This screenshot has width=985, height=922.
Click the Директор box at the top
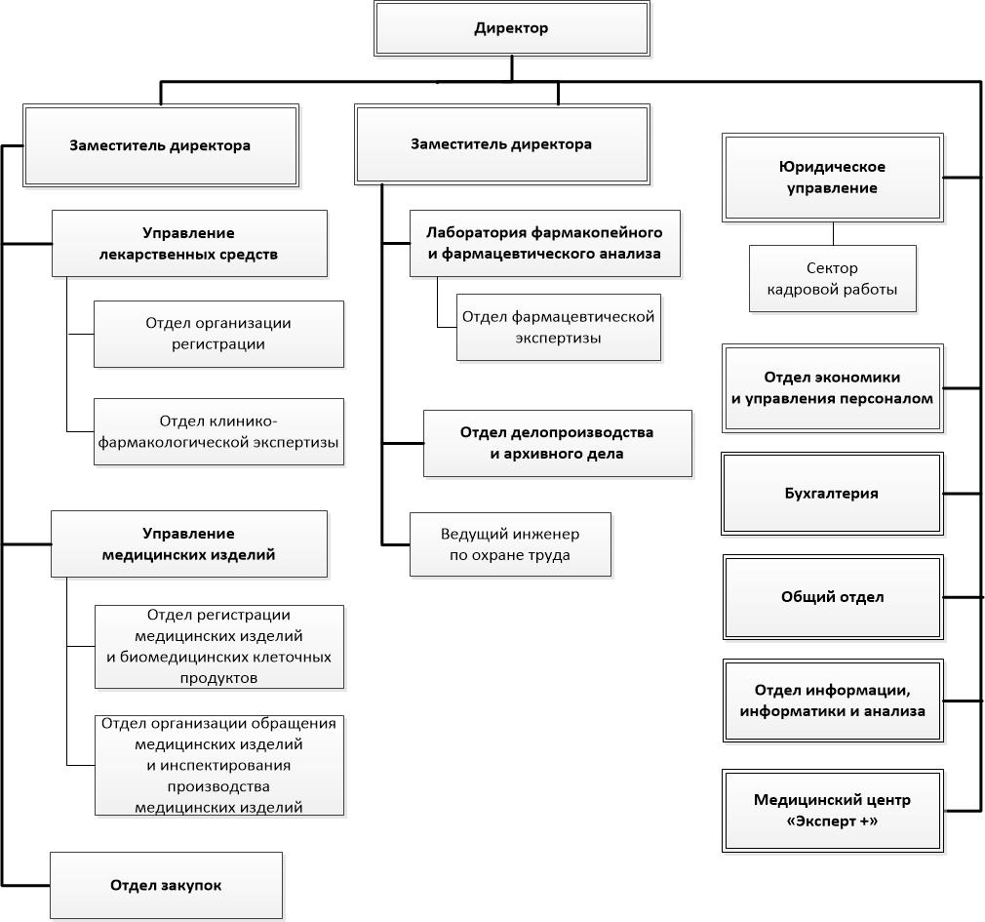pos(511,28)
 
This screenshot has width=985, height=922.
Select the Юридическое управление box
pos(832,178)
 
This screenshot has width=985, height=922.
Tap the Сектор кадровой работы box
pos(832,278)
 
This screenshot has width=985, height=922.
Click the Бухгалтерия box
pos(832,494)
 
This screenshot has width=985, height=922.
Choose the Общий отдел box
pos(833,597)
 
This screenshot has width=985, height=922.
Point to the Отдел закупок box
pos(167,886)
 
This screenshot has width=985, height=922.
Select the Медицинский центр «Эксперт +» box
pos(832,811)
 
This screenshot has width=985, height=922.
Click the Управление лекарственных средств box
pos(189,244)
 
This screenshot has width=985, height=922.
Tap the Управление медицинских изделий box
pos(189,543)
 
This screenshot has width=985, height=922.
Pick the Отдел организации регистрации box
pos(218,334)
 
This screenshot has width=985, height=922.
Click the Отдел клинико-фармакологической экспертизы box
pos(218,432)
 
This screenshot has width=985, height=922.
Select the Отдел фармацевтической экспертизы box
pos(559,328)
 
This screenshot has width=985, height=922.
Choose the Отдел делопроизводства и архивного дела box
pos(557,443)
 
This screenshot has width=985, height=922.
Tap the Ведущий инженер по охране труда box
pos(510,544)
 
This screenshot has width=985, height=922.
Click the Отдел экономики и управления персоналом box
pos(832,387)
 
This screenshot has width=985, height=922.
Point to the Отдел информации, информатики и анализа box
pos(833,701)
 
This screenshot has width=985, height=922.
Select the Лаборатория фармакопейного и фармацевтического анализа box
pos(544,243)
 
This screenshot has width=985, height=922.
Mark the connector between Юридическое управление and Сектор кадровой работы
pos(833,233)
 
